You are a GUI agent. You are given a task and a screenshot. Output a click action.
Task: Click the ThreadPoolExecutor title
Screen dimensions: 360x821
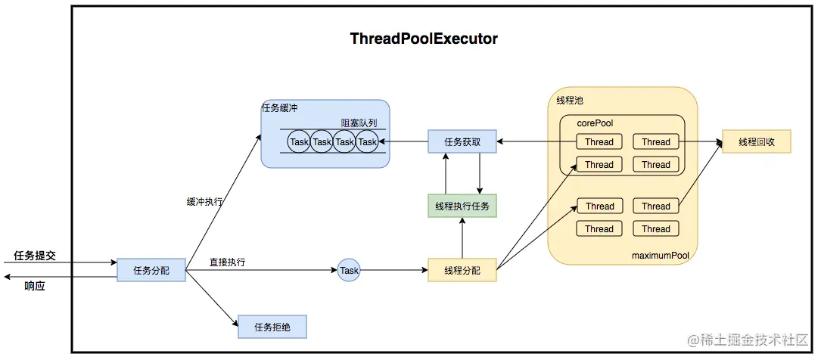point(424,39)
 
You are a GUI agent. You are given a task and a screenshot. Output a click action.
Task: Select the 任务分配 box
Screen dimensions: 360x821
point(151,270)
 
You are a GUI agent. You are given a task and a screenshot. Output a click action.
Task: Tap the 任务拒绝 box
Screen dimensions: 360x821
point(272,327)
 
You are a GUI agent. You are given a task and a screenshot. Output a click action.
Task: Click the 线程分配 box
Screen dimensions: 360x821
point(462,270)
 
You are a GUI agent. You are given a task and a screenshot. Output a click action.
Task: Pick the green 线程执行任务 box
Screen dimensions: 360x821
point(462,206)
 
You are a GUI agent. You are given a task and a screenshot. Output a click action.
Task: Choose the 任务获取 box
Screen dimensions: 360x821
point(462,141)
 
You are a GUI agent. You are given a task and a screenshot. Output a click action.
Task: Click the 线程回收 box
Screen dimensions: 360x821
point(756,141)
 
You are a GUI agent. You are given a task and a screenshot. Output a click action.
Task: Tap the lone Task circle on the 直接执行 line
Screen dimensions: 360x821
point(349,270)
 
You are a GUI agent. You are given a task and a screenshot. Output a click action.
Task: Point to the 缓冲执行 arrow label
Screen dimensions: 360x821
point(205,202)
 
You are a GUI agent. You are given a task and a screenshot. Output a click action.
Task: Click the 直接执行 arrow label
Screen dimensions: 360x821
point(227,262)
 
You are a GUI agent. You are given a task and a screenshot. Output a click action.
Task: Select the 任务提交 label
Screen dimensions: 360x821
point(35,256)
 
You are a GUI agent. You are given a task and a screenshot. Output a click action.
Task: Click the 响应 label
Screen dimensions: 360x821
point(35,286)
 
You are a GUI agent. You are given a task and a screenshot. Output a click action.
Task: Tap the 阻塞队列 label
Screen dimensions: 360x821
point(359,123)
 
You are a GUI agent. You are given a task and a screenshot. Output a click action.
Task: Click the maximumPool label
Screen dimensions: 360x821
point(660,256)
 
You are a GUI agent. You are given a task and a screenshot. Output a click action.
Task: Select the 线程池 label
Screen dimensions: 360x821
point(570,100)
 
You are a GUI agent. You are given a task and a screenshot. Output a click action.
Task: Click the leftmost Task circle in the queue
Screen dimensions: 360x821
point(300,141)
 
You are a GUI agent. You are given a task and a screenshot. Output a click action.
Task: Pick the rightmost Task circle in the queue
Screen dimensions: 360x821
point(368,141)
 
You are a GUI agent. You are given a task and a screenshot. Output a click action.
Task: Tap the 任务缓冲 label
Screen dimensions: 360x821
point(280,107)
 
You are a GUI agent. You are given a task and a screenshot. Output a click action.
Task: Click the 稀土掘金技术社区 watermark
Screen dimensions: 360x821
point(748,340)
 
